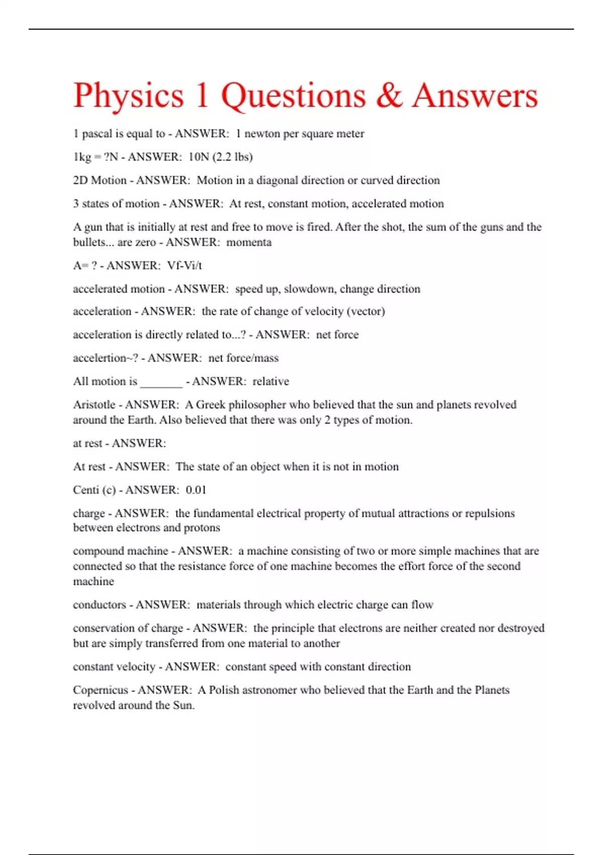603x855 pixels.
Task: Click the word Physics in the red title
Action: coord(129,96)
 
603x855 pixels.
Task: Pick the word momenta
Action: coord(249,242)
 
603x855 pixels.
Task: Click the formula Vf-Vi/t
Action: coord(184,266)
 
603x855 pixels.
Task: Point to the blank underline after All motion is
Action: coord(161,382)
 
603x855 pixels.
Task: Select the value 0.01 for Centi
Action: coord(196,490)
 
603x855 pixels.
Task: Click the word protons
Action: coord(202,528)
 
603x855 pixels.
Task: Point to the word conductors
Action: coord(99,605)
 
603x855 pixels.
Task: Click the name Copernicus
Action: coord(100,690)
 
